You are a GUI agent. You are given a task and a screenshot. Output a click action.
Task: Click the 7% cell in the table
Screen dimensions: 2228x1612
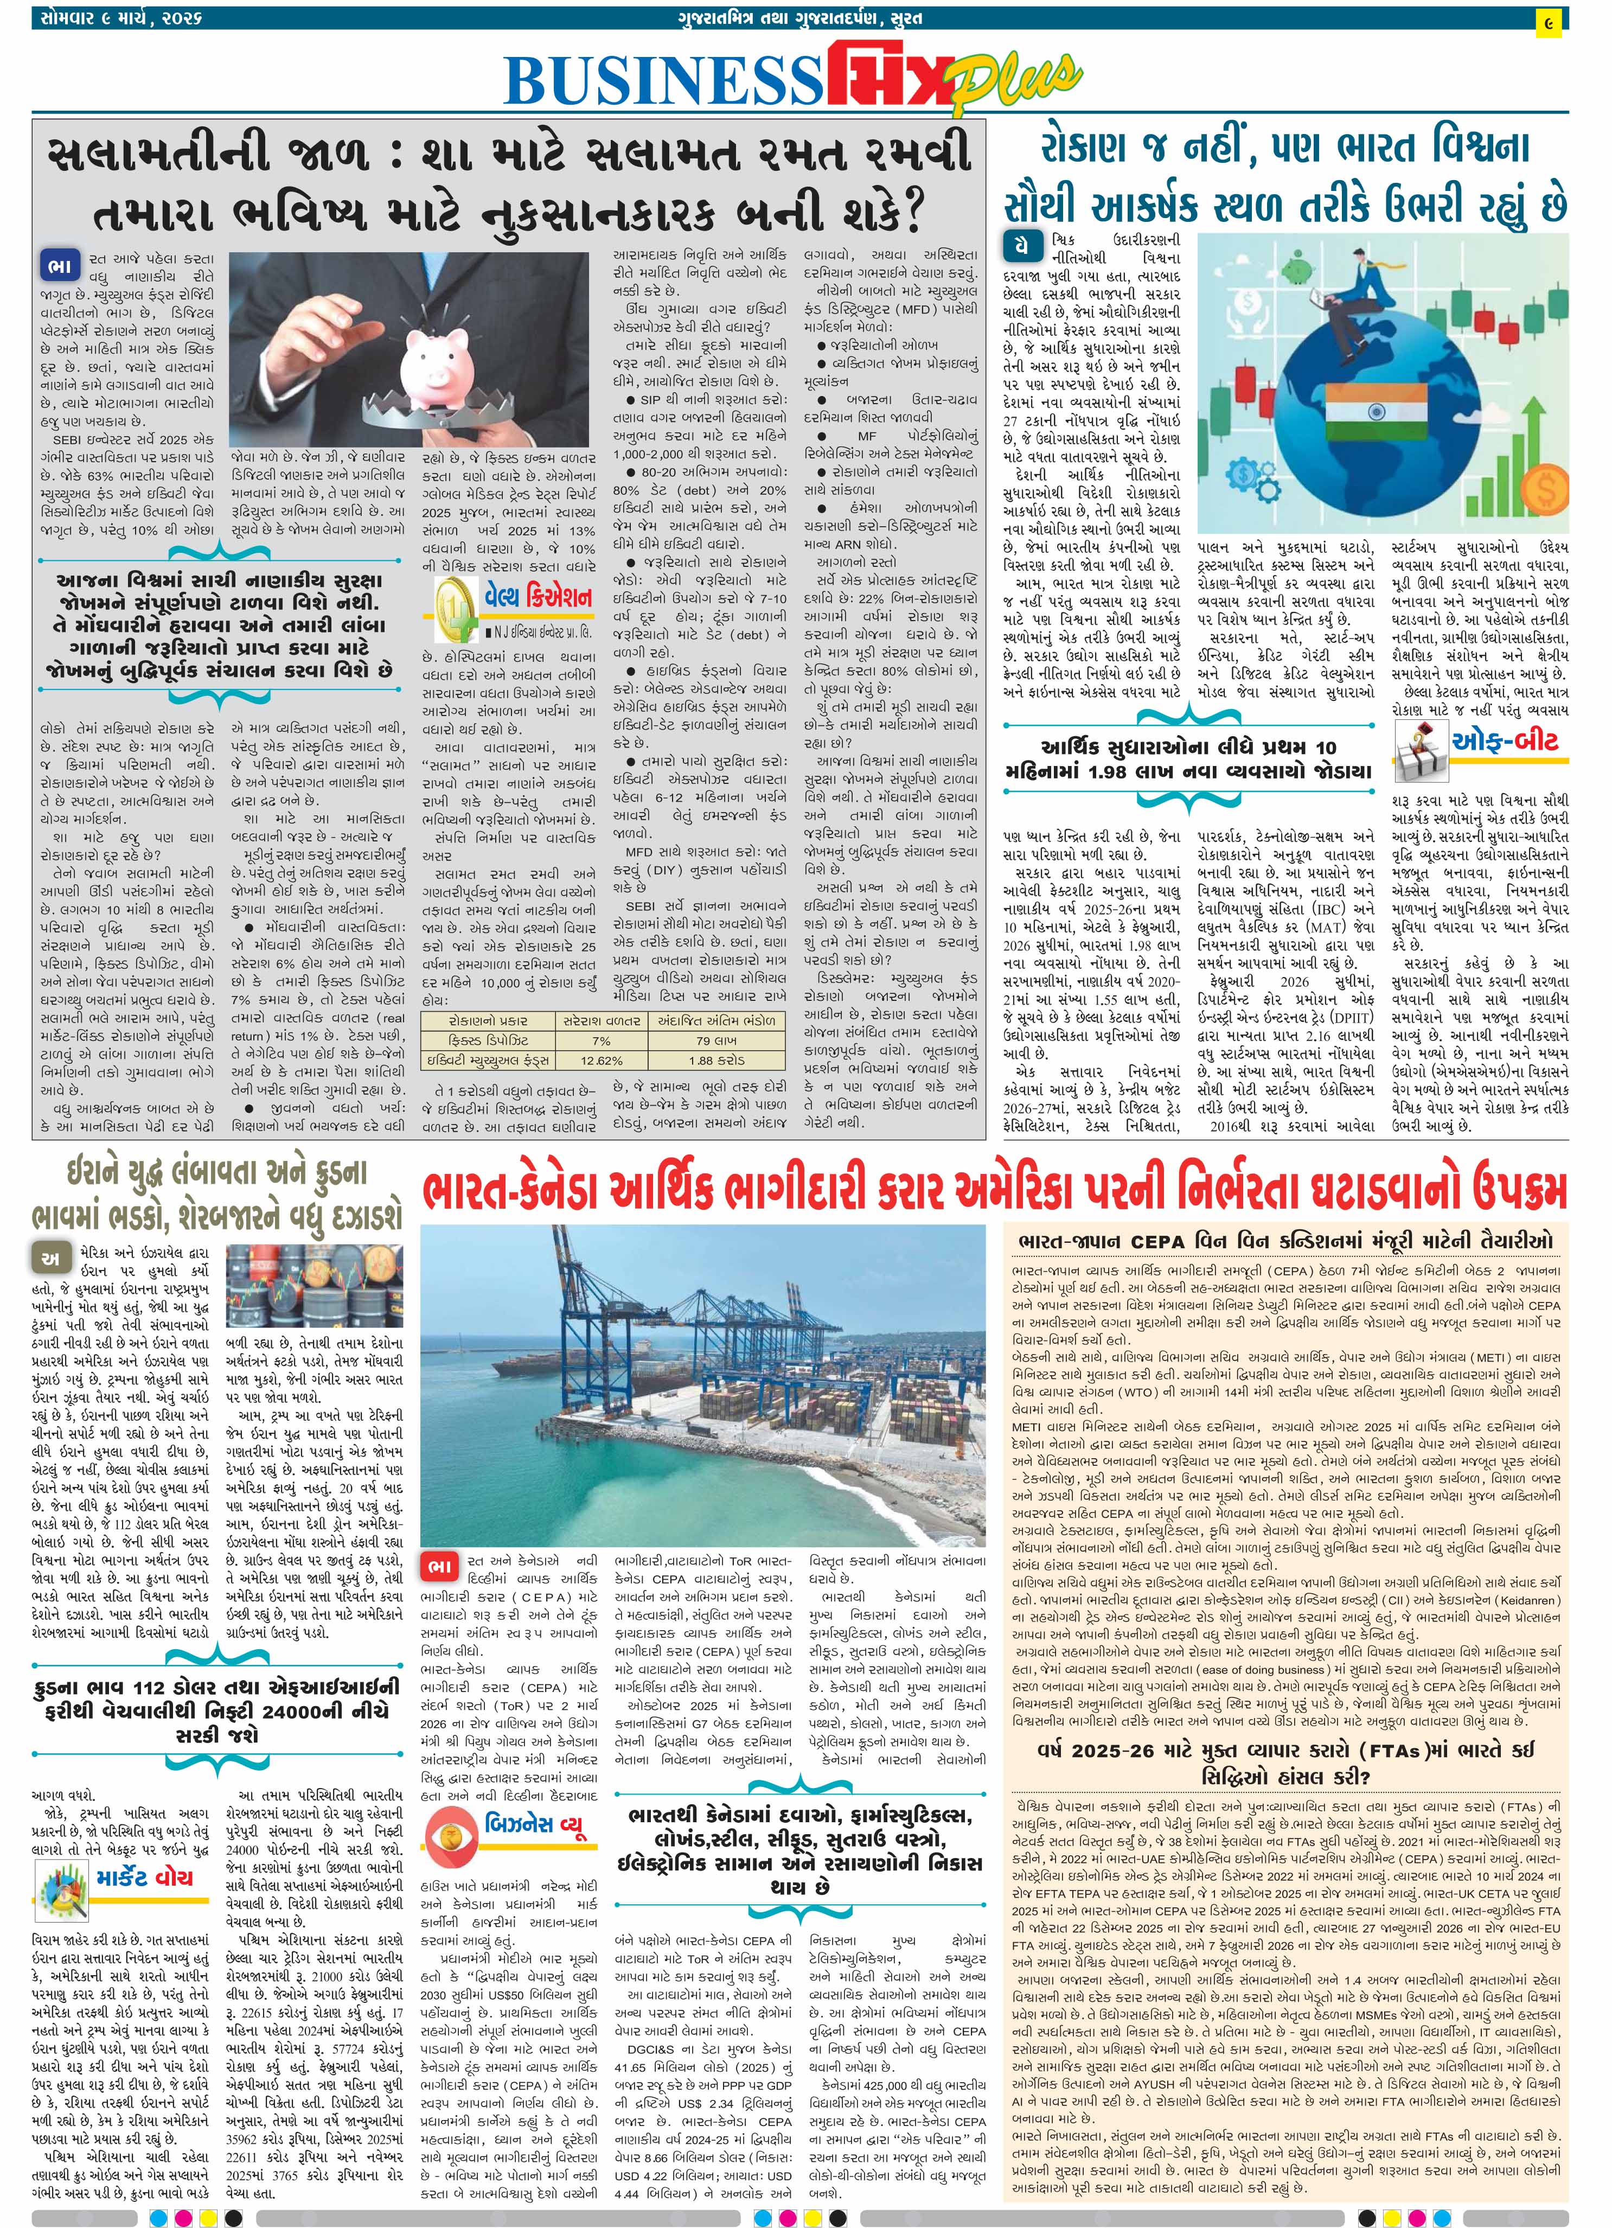(x=601, y=1040)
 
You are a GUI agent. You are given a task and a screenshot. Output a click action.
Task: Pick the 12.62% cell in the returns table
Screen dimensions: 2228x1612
(x=601, y=1060)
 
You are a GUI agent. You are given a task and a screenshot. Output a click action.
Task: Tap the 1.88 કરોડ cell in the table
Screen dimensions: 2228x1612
(x=716, y=1060)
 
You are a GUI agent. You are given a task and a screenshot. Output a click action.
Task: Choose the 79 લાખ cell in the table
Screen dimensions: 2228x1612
(x=716, y=1040)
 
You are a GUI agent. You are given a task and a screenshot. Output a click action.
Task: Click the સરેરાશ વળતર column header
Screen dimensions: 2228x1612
(x=601, y=1020)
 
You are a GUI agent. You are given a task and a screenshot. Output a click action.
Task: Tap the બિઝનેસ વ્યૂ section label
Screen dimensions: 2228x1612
(x=535, y=1826)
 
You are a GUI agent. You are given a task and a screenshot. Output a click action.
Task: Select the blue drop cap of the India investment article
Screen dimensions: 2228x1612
(x=1022, y=244)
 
